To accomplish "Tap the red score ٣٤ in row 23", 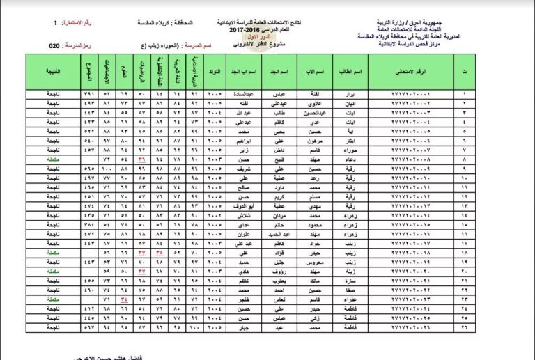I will [125, 299].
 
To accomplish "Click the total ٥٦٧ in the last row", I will [88, 327].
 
